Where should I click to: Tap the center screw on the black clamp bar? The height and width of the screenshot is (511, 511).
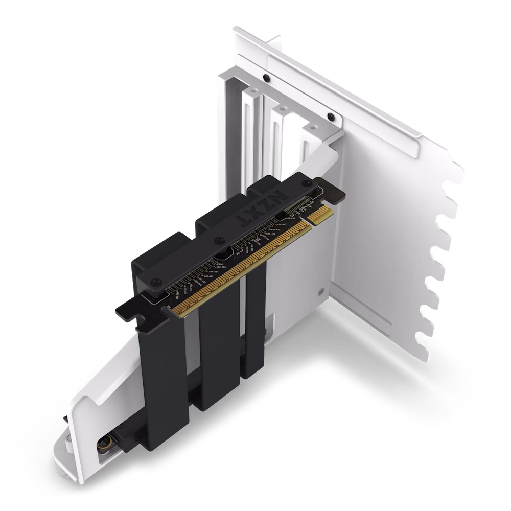(219, 239)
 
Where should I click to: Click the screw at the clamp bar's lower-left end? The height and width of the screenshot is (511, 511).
(155, 281)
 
